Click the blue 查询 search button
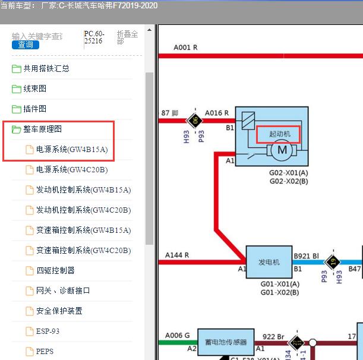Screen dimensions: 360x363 (26, 45)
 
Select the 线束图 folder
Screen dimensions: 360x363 (34, 89)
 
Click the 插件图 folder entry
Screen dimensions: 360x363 (34, 109)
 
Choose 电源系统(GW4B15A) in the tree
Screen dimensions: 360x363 (72, 150)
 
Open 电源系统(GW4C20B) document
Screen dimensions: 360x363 (72, 170)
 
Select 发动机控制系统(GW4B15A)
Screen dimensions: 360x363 (83, 190)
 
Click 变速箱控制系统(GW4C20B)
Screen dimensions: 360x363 (83, 250)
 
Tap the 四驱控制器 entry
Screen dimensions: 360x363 (55, 270)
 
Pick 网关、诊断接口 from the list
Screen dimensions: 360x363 (63, 290)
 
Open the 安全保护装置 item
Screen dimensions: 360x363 (59, 311)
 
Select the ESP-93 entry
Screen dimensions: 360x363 (48, 331)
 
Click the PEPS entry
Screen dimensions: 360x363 (45, 351)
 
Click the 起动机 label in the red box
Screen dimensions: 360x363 (277, 134)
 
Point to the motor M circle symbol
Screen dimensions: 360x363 (282, 151)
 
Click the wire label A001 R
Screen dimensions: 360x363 (185, 47)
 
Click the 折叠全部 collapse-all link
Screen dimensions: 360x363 (127, 37)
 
